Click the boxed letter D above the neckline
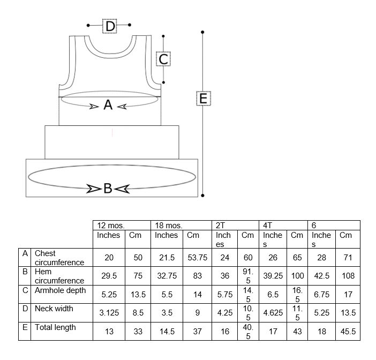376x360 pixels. [110, 26]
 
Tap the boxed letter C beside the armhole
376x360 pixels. [163, 59]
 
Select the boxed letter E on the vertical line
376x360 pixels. [204, 99]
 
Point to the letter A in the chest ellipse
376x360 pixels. [108, 105]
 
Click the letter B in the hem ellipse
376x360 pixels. [108, 188]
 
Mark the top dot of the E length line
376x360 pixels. [202, 32]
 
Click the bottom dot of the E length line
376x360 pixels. [202, 196]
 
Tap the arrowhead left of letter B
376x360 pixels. [94, 189]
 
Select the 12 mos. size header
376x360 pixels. [111, 226]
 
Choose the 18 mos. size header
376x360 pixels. [169, 226]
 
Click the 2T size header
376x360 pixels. [220, 226]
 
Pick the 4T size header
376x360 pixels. [268, 226]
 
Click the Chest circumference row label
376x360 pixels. [59, 258]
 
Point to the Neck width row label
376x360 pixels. [54, 309]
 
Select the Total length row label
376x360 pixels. [55, 327]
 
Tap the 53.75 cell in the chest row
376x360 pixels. [197, 258]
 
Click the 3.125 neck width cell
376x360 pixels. [109, 313]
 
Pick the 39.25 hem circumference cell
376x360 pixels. [273, 276]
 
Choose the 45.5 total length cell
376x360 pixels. [348, 332]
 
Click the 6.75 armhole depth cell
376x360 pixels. [321, 295]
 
